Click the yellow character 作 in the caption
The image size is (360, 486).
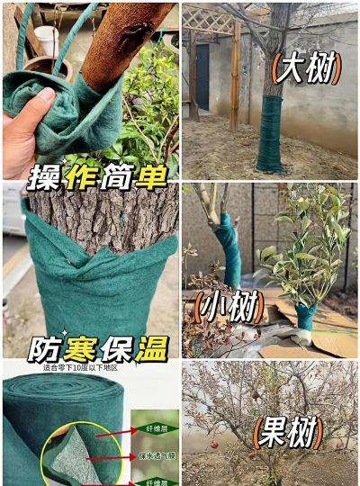click(77, 176)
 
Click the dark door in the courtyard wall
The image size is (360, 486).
click(203, 77)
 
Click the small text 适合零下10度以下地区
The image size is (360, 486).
click(80, 367)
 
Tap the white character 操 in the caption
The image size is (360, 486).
click(43, 176)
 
